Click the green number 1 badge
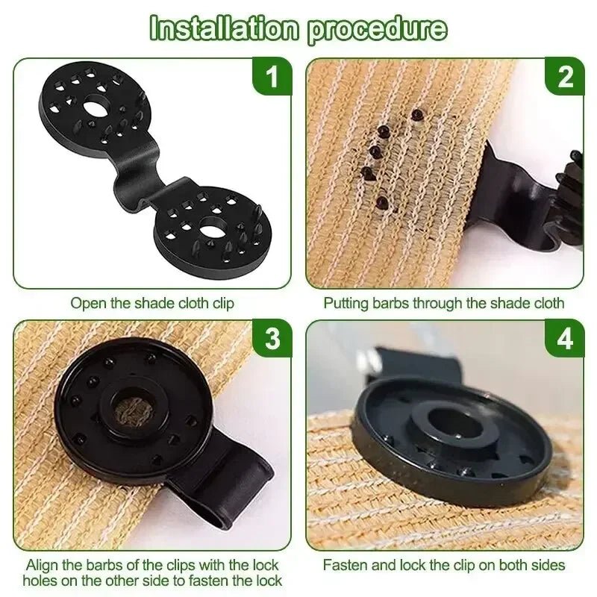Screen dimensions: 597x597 coord(274,77)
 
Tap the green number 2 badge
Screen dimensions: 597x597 coord(565,77)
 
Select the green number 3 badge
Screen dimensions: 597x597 coord(274,339)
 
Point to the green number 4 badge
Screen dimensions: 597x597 coord(565,339)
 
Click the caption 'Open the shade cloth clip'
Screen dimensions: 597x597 coord(152,303)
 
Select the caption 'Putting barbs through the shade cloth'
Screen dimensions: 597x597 coord(443,303)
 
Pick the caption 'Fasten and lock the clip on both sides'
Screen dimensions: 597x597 coord(443,565)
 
